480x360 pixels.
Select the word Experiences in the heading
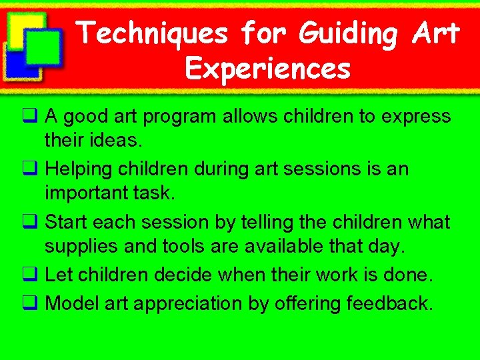point(268,68)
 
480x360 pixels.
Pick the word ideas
point(117,141)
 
